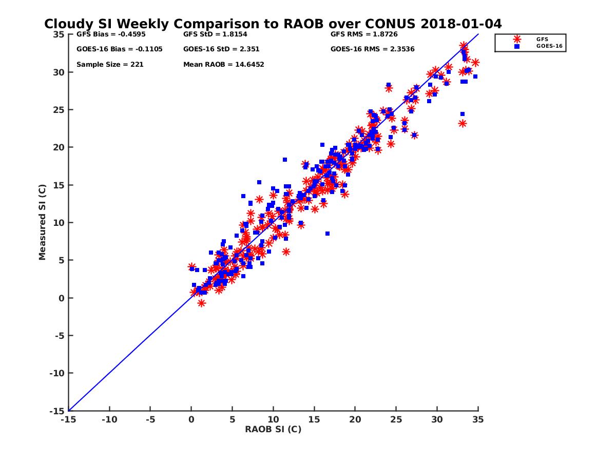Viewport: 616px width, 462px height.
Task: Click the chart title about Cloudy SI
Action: [273, 24]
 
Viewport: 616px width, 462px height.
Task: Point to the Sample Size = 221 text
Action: [110, 65]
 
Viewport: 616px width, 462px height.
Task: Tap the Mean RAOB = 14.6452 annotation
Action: [223, 65]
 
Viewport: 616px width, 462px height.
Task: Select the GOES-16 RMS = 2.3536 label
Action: [372, 49]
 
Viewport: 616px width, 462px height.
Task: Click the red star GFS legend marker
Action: [517, 39]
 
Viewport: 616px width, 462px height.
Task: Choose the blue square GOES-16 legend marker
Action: [517, 46]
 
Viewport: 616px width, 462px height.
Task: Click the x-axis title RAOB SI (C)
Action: [273, 429]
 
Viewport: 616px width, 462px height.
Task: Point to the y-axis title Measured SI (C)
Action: [43, 223]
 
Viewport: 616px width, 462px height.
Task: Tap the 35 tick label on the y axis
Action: [59, 34]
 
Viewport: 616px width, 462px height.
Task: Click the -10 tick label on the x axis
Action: [109, 420]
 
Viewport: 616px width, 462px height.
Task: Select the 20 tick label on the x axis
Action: [355, 420]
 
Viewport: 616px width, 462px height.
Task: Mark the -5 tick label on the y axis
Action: [59, 336]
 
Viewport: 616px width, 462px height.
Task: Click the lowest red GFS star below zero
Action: [201, 303]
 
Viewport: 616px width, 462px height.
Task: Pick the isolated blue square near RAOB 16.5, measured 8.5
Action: [327, 234]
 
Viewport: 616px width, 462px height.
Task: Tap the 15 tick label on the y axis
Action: [59, 185]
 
